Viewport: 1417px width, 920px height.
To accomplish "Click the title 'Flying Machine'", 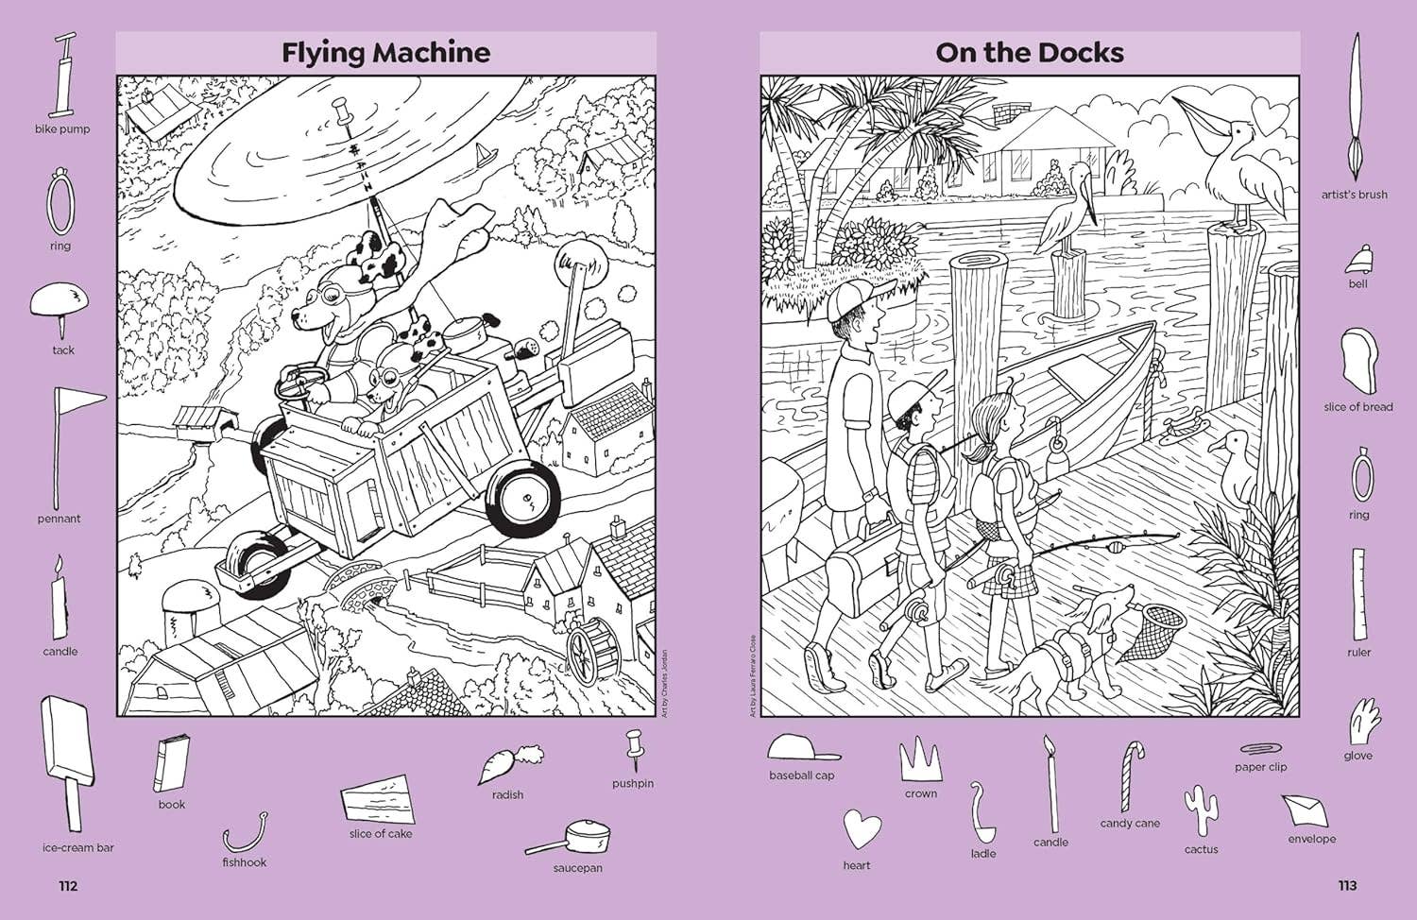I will pos(385,52).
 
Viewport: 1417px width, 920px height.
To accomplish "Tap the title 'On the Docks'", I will pos(1030,52).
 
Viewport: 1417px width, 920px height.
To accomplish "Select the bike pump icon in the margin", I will pos(64,76).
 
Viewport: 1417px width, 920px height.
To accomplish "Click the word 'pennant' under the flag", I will pos(60,519).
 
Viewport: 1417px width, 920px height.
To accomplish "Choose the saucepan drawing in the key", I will pos(571,838).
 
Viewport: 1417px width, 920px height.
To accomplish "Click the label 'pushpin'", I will pos(633,783).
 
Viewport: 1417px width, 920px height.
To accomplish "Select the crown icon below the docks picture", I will pos(920,758).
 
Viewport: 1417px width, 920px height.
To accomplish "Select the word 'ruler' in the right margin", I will pos(1358,652).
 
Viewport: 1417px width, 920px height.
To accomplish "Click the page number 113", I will pos(1347,885).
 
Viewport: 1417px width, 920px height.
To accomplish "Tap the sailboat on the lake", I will pos(484,153).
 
